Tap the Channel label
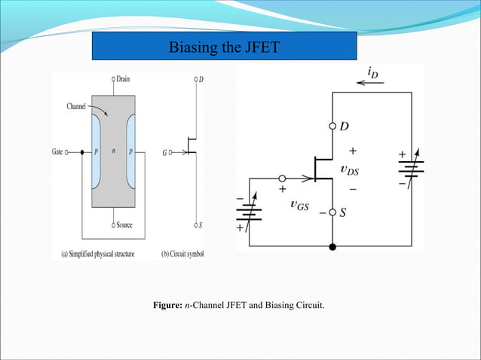[75, 107]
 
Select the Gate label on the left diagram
[57, 152]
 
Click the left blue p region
[97, 151]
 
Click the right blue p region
[130, 151]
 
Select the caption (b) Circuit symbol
[182, 254]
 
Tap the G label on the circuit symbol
[164, 152]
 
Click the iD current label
[373, 71]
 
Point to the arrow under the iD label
[371, 83]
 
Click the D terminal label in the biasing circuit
[344, 126]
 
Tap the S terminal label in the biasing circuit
[343, 213]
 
